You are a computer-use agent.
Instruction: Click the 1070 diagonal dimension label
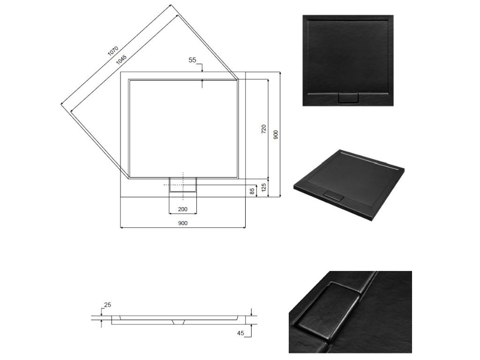click(113, 51)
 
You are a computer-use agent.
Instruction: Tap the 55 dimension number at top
click(192, 60)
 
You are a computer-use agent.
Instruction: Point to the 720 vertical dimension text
click(263, 130)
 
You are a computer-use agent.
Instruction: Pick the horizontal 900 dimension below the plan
click(182, 223)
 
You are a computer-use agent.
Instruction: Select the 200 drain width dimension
click(182, 209)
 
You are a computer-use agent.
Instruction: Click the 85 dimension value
click(252, 191)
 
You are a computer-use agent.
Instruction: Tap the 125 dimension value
click(264, 188)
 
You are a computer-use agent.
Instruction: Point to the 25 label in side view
click(107, 305)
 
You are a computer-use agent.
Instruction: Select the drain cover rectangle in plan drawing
click(183, 185)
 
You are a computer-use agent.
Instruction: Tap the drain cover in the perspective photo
click(334, 196)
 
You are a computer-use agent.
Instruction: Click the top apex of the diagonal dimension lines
click(171, 5)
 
